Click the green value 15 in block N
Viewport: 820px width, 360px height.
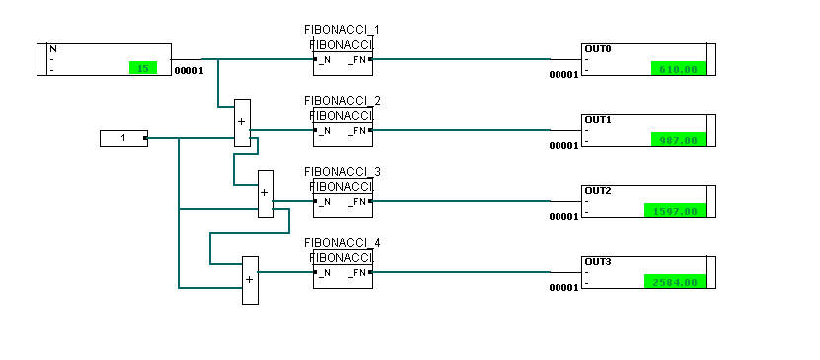[x=142, y=68]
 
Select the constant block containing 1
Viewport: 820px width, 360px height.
[x=123, y=138]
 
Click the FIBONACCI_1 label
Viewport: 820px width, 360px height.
[x=342, y=30]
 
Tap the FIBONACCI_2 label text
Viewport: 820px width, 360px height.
[x=342, y=101]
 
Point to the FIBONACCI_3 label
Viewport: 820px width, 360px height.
[x=342, y=172]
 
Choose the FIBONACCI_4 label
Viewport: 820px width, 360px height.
[x=342, y=243]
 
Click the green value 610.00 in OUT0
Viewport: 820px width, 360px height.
[x=678, y=69]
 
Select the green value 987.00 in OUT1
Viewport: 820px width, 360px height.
[x=678, y=140]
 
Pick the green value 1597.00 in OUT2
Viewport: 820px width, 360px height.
[x=675, y=211]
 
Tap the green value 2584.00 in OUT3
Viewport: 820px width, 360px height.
[x=675, y=282]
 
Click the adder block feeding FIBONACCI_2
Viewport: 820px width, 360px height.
[x=242, y=123]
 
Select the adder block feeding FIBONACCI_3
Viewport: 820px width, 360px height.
[x=264, y=194]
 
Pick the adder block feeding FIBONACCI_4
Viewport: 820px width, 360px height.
[x=250, y=280]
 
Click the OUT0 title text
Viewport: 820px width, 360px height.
[x=598, y=49]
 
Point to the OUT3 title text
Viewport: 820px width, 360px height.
[x=598, y=262]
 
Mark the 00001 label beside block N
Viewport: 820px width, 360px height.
[x=188, y=71]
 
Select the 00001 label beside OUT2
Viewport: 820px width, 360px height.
[x=563, y=216]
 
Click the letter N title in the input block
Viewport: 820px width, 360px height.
[x=53, y=49]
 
